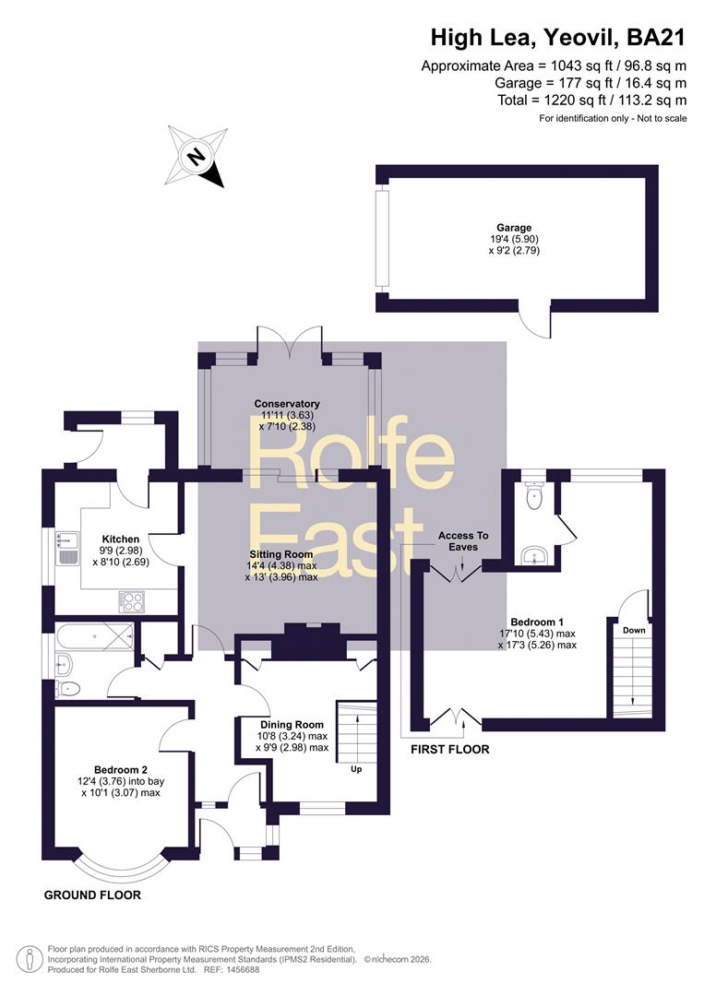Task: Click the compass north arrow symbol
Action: (197, 156)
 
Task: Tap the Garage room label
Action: (514, 228)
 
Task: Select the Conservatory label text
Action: (287, 403)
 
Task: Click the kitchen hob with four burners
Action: (132, 602)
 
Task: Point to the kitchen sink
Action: (66, 548)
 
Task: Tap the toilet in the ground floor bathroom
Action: (68, 688)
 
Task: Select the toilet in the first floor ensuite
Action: (533, 495)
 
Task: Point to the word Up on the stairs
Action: (356, 769)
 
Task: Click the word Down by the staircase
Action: (634, 630)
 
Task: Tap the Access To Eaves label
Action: (463, 541)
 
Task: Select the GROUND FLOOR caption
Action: (93, 895)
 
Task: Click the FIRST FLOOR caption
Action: (450, 750)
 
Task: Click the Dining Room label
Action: (292, 725)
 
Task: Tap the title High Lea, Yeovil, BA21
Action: (558, 38)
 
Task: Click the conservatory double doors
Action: (290, 344)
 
